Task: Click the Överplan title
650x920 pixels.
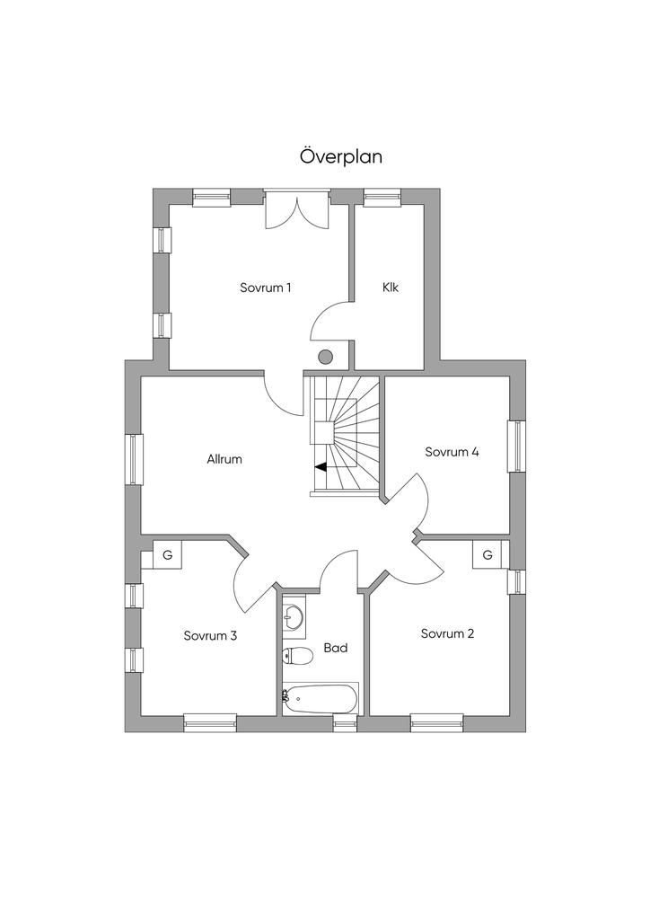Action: click(341, 156)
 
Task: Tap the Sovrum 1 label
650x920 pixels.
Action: click(266, 287)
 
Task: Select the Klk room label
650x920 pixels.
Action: click(390, 287)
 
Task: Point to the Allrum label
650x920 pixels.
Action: click(224, 459)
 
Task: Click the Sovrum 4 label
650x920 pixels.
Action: click(452, 452)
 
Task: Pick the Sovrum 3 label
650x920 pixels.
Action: click(210, 635)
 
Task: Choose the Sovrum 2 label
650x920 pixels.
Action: click(447, 633)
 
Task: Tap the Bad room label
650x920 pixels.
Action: click(335, 647)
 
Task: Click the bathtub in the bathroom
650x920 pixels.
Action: click(321, 698)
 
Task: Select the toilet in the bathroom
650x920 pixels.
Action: click(296, 656)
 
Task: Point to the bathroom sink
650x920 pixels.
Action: click(294, 616)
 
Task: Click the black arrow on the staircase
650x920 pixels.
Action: click(320, 466)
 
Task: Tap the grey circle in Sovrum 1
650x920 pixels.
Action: click(326, 357)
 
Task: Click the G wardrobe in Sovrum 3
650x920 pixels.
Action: click(168, 555)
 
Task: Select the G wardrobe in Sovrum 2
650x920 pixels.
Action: click(487, 554)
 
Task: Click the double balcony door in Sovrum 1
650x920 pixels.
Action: click(297, 208)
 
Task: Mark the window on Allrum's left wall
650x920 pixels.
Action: click(135, 459)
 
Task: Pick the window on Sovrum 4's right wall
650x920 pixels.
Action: click(516, 446)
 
